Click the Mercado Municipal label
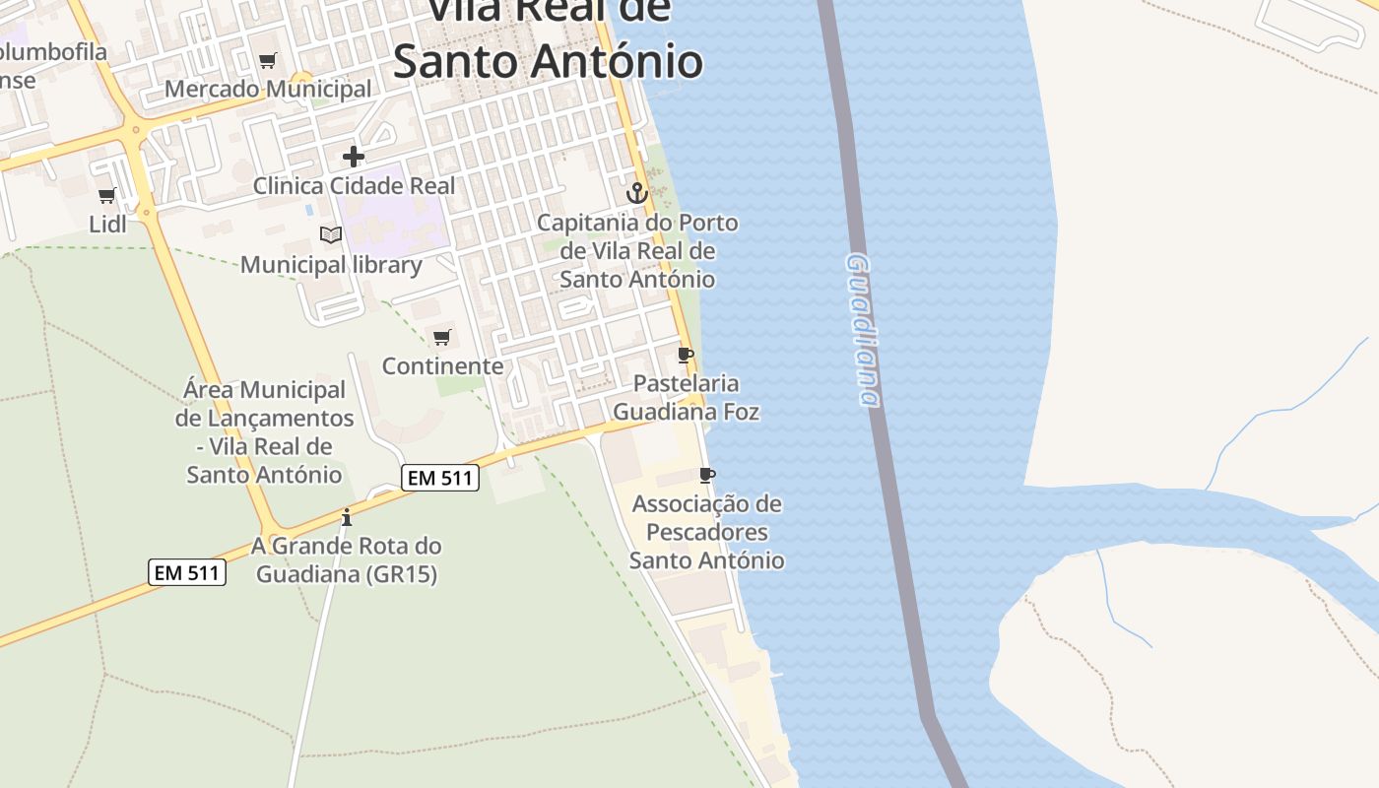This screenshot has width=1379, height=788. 268,89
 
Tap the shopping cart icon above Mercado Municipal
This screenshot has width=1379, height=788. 267,61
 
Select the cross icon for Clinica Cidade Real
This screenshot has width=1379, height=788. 354,156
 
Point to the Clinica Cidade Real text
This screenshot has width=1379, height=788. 355,185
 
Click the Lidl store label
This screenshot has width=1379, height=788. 108,224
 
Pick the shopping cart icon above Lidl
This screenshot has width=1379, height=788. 107,195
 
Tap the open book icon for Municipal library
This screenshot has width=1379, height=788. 331,234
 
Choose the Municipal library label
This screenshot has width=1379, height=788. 331,264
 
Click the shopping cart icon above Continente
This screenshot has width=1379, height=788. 442,338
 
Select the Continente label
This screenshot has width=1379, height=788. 442,366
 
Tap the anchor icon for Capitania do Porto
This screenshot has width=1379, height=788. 637,193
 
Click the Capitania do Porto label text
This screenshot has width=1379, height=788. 637,250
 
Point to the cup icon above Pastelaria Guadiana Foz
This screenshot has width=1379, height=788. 687,355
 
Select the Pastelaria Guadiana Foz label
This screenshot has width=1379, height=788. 687,397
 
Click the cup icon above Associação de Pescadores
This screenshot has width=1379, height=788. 706,476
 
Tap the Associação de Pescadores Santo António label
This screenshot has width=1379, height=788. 707,532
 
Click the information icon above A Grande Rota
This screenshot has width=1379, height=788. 346,517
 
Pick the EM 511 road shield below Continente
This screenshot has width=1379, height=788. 440,479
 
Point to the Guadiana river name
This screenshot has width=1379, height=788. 862,330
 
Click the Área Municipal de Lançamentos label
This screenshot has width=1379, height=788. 264,432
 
